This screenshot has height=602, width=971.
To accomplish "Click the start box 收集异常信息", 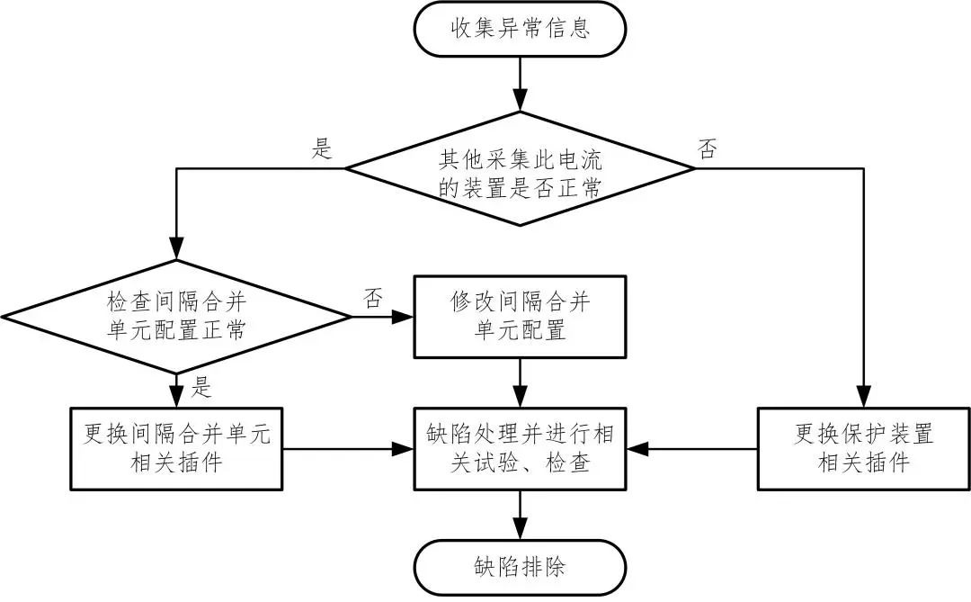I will click(520, 29).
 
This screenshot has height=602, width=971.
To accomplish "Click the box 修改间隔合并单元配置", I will click(520, 316).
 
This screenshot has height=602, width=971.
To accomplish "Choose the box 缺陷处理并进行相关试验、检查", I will click(520, 448).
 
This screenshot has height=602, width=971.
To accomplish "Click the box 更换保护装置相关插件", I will click(863, 448).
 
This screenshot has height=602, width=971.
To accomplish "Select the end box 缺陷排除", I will click(520, 567).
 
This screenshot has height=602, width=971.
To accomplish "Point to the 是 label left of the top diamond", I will click(321, 149).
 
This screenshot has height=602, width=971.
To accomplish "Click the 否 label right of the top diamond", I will click(708, 149).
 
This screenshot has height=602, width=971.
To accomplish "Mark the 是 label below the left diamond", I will click(201, 388).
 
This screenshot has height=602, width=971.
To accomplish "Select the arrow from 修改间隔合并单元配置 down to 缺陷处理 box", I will click(520, 382).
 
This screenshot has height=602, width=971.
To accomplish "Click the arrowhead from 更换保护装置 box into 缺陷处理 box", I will click(635, 448).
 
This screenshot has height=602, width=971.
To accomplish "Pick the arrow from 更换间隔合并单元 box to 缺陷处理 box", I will click(346, 448).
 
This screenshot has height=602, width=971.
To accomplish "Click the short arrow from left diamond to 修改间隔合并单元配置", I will click(382, 316).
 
